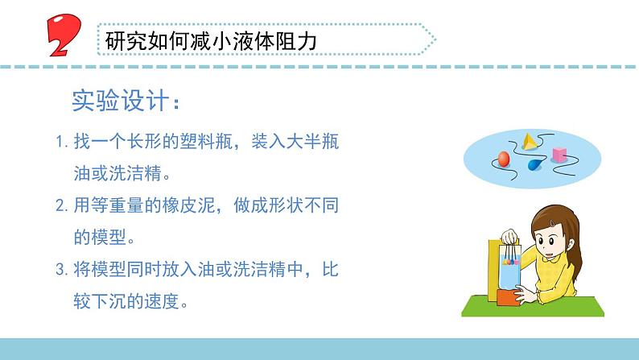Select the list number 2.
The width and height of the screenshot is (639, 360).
point(61,205)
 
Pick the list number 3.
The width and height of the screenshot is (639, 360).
point(61,267)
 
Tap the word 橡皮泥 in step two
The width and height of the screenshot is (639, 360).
point(181,205)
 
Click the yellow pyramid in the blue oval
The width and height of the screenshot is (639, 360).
point(529,143)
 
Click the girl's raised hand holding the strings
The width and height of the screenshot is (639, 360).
point(509,238)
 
